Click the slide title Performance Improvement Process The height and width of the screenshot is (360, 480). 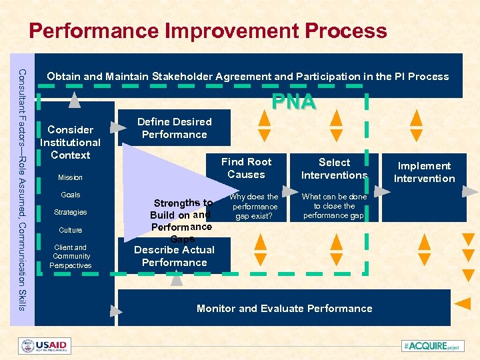(207, 31)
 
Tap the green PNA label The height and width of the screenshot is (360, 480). (293, 102)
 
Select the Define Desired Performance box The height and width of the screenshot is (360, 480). (174, 128)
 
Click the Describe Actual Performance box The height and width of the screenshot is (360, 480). (174, 256)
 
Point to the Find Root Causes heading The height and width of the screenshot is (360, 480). (246, 168)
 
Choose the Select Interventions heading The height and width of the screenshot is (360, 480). (334, 169)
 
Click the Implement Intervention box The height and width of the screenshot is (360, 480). (424, 172)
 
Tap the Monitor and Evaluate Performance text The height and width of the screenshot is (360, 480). (284, 309)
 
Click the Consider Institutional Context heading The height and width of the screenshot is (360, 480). (70, 142)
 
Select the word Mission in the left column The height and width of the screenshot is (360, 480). (70, 177)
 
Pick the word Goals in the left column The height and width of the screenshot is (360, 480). (70, 195)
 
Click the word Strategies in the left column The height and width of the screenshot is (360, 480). (70, 212)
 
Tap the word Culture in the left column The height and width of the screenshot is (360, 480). (70, 230)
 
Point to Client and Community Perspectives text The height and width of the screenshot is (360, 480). (71, 256)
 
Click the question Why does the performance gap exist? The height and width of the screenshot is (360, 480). (255, 207)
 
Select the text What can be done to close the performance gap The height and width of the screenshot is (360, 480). (334, 207)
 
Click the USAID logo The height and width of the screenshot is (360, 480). (45, 346)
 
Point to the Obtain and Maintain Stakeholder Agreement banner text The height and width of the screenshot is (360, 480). (248, 77)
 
